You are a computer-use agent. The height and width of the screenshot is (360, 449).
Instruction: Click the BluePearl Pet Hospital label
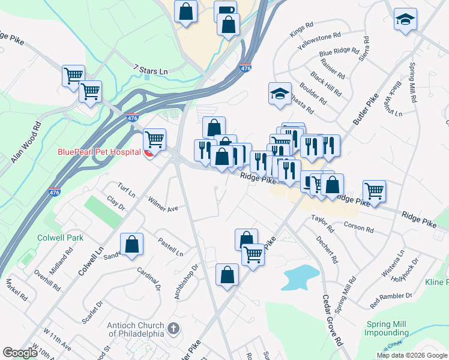click(99, 152)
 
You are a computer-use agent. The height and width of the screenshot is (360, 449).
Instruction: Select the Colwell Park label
click(59, 238)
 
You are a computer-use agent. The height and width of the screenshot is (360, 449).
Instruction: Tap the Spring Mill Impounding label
click(387, 328)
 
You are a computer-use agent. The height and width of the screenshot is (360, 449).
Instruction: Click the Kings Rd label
click(302, 29)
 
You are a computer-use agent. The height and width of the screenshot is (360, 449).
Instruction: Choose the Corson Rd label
click(359, 228)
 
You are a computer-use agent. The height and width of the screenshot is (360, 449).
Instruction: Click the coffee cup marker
click(225, 10)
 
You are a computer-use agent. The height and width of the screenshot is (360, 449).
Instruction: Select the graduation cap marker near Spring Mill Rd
click(405, 19)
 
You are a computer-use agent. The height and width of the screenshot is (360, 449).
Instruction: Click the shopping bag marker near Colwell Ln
click(132, 244)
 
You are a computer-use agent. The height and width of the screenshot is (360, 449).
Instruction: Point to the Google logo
click(20, 353)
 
